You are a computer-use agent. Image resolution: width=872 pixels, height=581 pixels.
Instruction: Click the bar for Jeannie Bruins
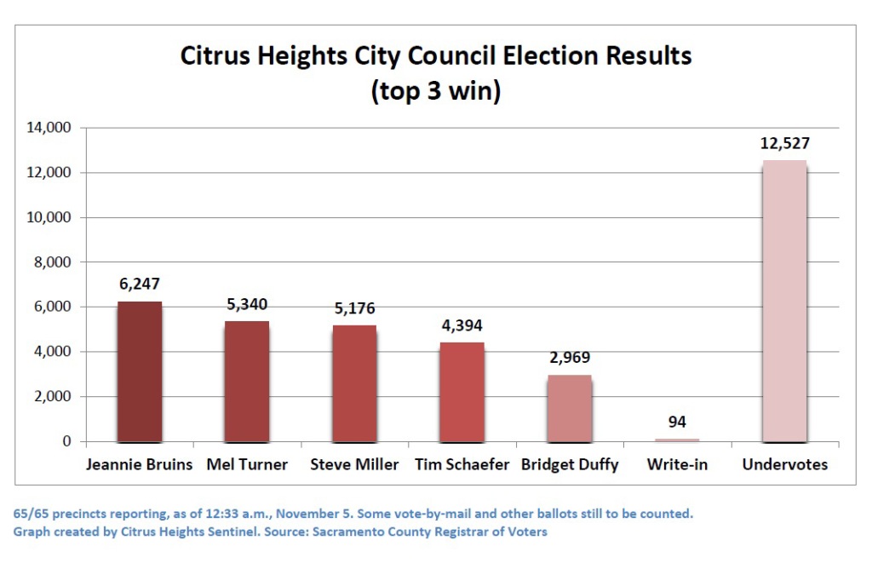[139, 372]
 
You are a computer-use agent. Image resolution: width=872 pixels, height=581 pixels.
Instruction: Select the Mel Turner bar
[247, 382]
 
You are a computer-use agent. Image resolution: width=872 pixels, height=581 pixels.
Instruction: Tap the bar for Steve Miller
[354, 383]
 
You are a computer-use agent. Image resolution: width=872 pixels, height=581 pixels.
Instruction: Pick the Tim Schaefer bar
[462, 392]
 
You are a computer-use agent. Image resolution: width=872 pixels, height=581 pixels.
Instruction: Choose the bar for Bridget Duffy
[569, 408]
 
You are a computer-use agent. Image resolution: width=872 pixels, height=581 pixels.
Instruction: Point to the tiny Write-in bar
[677, 440]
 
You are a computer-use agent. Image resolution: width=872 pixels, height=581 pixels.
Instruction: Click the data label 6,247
[139, 284]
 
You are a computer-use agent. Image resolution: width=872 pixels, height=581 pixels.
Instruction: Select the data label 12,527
[783, 143]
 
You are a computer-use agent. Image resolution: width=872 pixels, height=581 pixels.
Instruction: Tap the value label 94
[677, 422]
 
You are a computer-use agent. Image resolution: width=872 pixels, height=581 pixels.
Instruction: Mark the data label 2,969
[569, 358]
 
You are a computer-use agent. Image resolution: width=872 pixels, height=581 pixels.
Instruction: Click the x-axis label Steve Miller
[354, 465]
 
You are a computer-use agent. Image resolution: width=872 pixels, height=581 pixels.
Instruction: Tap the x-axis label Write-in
[677, 465]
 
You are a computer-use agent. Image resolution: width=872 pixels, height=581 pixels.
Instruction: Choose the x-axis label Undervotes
[784, 465]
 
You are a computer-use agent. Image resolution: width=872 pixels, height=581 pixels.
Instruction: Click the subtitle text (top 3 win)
[435, 91]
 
